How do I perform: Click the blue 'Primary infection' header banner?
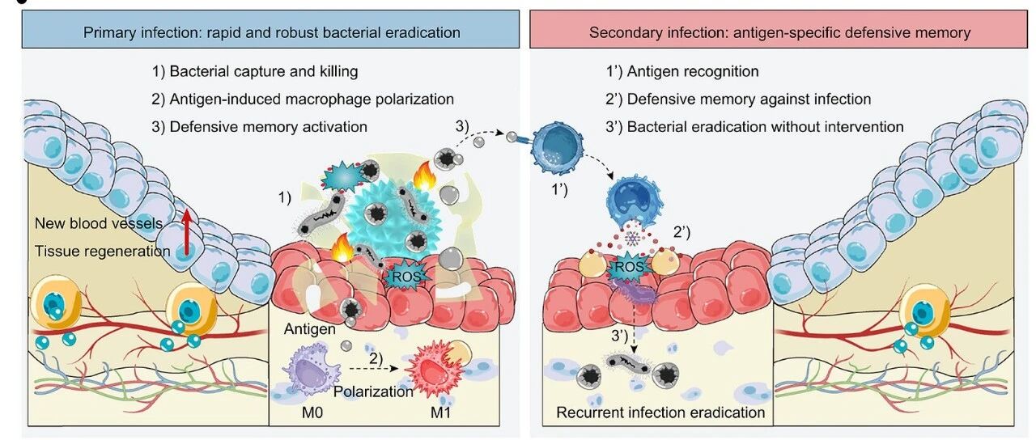point(270,29)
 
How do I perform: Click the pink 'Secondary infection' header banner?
point(779,29)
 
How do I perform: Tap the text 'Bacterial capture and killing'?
point(264,72)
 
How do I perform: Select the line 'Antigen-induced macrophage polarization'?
point(312,99)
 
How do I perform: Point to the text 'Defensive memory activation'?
point(268,127)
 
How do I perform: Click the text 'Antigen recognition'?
point(693,72)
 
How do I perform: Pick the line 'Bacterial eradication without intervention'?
point(765,127)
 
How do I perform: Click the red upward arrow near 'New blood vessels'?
point(186,232)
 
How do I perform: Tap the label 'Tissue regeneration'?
point(103,252)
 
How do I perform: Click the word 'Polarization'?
point(373,392)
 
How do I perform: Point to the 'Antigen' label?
point(309,329)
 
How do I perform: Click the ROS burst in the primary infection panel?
point(406,277)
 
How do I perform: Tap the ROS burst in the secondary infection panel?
point(629,267)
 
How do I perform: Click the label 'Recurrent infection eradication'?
point(660,412)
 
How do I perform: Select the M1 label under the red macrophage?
point(440,412)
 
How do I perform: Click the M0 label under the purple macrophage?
point(312,412)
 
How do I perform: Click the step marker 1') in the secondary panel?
point(559,189)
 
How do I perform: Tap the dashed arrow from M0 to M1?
point(373,368)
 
